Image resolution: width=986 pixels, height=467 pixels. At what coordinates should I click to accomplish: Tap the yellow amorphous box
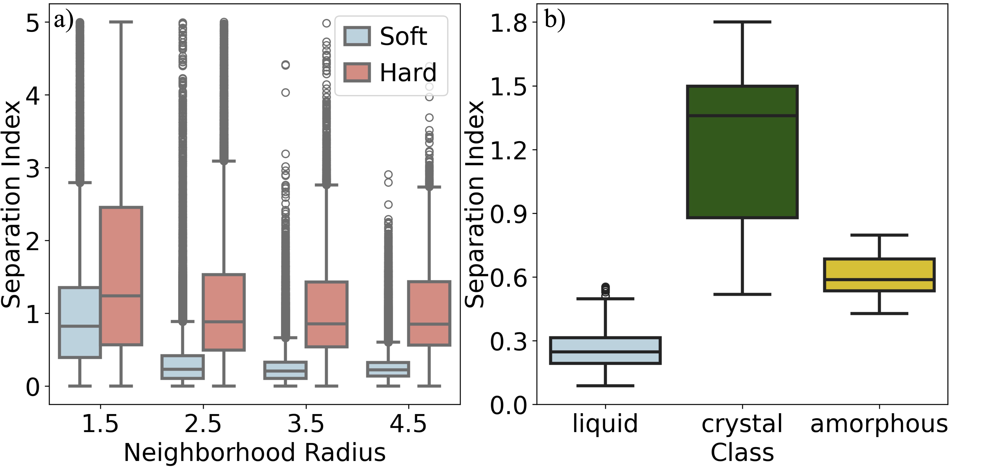click(x=879, y=275)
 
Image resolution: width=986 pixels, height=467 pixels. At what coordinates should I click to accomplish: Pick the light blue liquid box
click(x=605, y=350)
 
